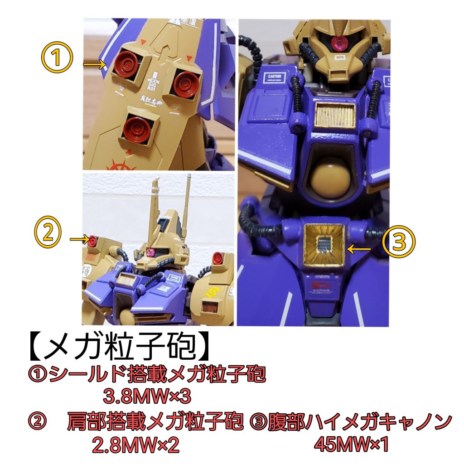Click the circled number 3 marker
(x=399, y=242)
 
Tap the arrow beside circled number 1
(x=94, y=66)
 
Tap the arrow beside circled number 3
(x=361, y=248)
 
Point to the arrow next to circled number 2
(x=79, y=239)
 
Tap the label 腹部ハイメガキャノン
(x=351, y=422)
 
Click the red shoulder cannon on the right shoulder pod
(x=218, y=257)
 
